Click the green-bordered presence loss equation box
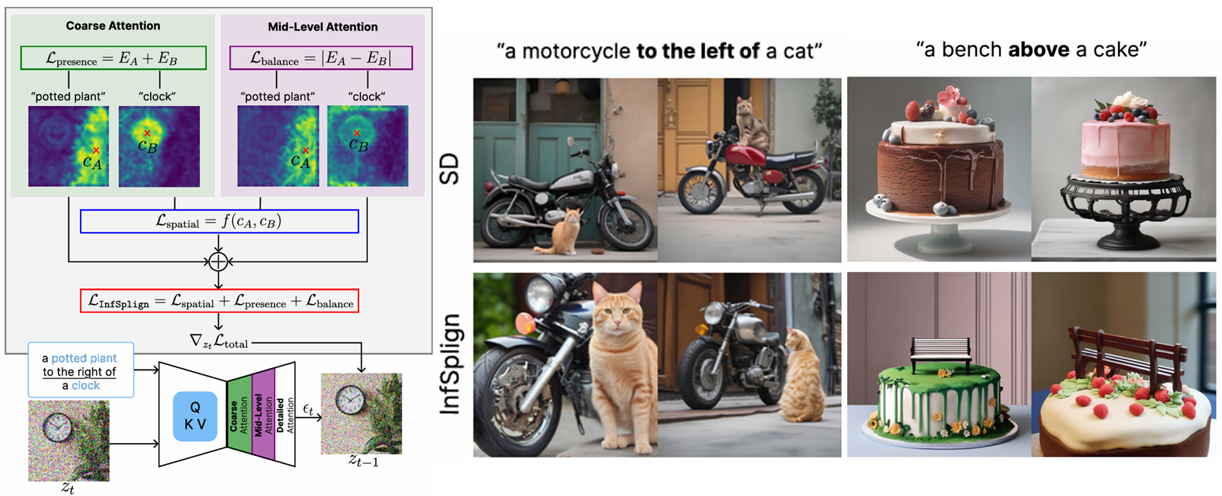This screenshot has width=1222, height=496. [114, 58]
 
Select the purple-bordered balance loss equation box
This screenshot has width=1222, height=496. [321, 58]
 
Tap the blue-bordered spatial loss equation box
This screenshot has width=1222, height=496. [219, 221]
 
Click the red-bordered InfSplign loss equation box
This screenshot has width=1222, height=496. [219, 301]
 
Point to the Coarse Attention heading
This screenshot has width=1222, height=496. [113, 25]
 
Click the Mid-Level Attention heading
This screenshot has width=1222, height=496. [323, 27]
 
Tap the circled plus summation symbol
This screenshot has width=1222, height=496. [218, 262]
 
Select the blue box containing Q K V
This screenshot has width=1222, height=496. [195, 416]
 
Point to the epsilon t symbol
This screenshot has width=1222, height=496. [308, 410]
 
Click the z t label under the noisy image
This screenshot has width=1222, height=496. [67, 488]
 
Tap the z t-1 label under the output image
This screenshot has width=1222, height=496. [363, 460]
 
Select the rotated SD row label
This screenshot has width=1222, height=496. [449, 169]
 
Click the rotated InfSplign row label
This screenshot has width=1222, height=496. [449, 364]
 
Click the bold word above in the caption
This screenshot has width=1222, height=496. [1039, 50]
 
